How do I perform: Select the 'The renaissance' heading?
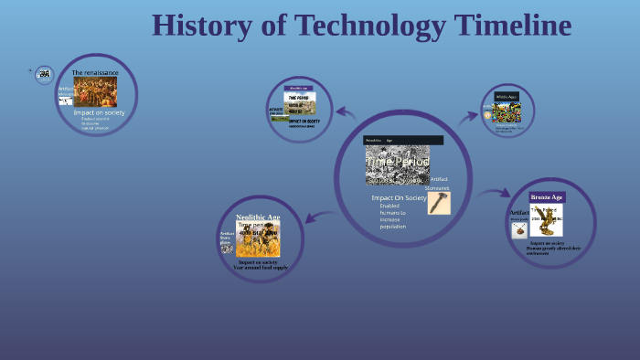click(x=95, y=72)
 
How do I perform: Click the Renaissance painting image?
click(x=95, y=91)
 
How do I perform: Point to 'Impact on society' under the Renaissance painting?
click(x=99, y=112)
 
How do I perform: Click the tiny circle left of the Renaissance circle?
click(x=44, y=75)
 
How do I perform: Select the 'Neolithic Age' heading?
click(x=258, y=217)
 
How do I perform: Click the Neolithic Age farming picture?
click(x=258, y=239)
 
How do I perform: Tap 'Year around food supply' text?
click(x=260, y=267)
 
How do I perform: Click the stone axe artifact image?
click(x=439, y=202)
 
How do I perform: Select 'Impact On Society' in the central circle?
click(x=399, y=197)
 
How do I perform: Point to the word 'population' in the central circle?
click(x=393, y=226)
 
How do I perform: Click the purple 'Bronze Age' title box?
click(x=547, y=196)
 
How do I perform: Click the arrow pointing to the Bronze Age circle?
click(x=494, y=193)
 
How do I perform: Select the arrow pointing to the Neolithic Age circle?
click(x=319, y=217)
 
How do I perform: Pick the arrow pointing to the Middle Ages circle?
click(x=469, y=116)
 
